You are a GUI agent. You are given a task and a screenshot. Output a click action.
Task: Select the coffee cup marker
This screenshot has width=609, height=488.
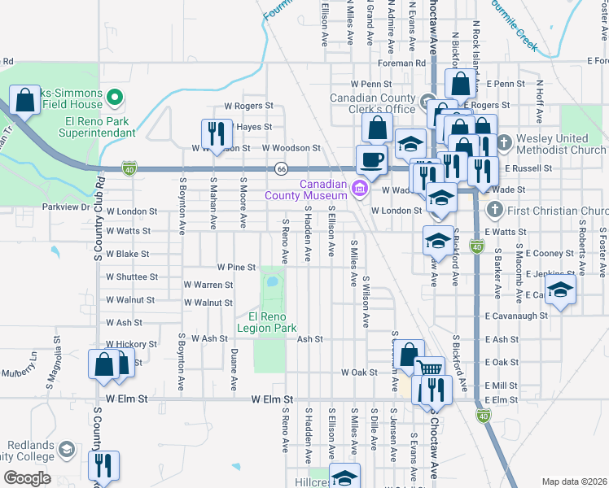click(372, 159)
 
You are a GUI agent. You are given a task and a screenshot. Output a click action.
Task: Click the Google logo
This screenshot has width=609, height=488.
click(27, 477)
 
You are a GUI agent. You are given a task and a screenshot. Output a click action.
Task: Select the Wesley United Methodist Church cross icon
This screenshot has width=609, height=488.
click(504, 144)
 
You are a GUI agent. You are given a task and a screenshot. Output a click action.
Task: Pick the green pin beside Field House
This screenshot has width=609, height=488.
click(115, 98)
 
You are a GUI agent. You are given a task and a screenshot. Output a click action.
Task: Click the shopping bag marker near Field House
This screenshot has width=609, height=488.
click(25, 100)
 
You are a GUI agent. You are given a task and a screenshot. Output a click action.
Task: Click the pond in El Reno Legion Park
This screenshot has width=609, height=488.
click(271, 284)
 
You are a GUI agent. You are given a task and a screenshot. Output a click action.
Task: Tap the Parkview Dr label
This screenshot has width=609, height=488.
click(65, 207)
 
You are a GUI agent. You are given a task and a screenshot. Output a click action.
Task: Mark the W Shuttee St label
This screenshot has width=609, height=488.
click(126, 276)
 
